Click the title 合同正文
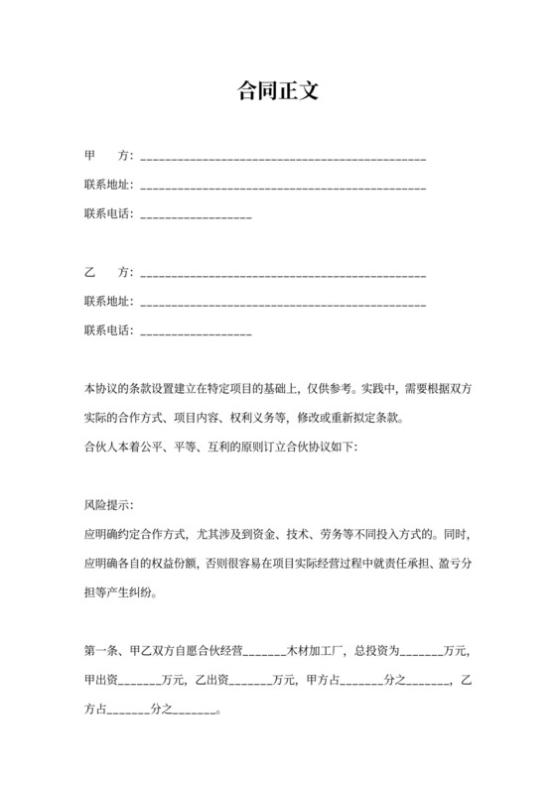(x=277, y=91)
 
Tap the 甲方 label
(x=108, y=156)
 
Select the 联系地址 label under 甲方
(x=108, y=186)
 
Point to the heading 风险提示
(x=108, y=505)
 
